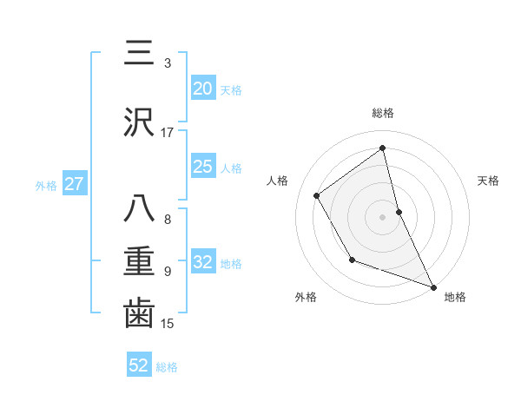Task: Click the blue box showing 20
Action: click(203, 89)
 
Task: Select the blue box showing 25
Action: click(203, 167)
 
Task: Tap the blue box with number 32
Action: click(203, 262)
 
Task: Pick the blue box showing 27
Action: click(74, 184)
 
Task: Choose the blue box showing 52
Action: click(139, 366)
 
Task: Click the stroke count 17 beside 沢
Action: click(168, 133)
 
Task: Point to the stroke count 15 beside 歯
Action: click(168, 324)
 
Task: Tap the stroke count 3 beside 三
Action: click(168, 63)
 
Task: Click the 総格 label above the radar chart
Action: click(383, 113)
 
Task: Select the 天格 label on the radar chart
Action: click(489, 181)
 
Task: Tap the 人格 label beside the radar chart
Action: click(278, 181)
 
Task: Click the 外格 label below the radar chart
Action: click(305, 297)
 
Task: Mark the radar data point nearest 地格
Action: click(433, 286)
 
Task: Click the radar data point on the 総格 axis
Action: click(383, 148)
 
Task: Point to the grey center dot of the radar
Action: click(383, 216)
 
